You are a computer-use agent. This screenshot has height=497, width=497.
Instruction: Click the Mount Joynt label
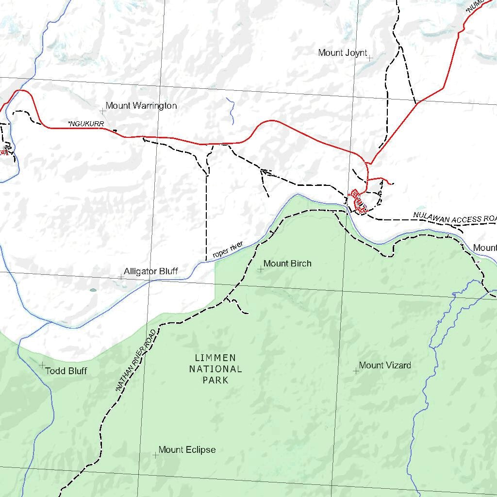(342, 53)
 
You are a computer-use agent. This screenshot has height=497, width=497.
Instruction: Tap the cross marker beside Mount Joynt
(370, 58)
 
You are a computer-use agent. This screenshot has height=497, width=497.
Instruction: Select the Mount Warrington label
(141, 106)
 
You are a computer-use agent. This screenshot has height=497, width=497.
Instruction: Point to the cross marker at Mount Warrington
(103, 111)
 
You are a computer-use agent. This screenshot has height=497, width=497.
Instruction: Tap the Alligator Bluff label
(151, 271)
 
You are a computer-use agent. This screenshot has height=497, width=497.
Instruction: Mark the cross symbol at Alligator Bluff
(121, 277)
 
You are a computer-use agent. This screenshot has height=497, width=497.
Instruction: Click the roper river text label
(227, 250)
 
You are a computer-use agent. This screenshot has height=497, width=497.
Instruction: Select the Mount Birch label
(287, 264)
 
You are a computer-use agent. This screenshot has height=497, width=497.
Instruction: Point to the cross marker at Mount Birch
(260, 269)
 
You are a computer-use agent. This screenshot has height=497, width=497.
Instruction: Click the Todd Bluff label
(66, 371)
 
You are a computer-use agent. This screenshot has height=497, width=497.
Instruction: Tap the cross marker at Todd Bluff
(42, 364)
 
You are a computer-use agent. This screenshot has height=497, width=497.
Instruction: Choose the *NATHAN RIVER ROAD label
(137, 360)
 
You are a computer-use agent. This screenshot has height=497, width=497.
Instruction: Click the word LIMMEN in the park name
(215, 358)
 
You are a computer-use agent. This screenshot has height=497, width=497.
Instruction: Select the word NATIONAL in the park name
(215, 369)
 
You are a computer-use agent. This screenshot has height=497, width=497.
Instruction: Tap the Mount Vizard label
(385, 365)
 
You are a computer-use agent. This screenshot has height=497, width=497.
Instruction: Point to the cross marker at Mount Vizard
(356, 371)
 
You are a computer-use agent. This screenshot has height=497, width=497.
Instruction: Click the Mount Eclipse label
(187, 450)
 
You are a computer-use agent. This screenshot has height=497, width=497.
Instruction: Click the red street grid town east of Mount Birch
(358, 201)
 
